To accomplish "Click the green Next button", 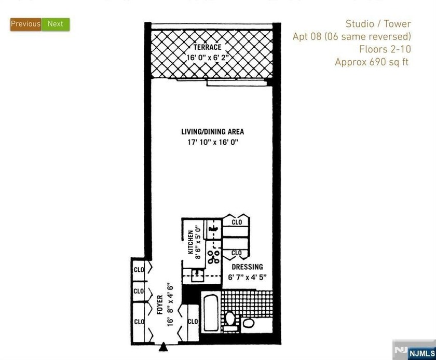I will [55, 24].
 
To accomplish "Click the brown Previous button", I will [25, 24].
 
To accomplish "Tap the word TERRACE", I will [208, 47].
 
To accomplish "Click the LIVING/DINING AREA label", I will [212, 132].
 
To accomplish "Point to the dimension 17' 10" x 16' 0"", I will [212, 142].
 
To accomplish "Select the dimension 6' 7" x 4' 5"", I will [247, 278].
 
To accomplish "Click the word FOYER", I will [159, 305].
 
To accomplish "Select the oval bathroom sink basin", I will [249, 324].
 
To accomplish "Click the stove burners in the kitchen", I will [213, 257].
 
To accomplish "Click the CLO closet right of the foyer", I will [193, 322].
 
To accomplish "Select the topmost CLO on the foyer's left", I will [139, 270].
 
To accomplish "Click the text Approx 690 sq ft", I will [372, 62].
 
